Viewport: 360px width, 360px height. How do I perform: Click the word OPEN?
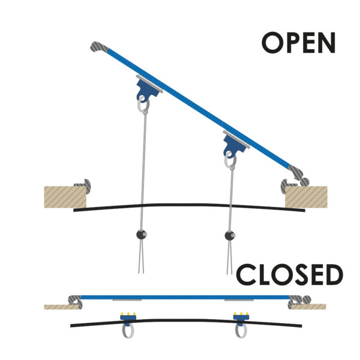tap(298, 43)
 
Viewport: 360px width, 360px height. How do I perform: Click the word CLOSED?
tap(289, 275)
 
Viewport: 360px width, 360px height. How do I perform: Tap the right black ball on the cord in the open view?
tap(229, 234)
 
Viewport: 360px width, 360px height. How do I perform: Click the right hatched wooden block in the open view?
tap(306, 197)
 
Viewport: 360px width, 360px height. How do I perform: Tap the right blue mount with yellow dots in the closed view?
tap(241, 317)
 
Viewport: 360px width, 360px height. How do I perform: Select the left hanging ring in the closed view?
tap(127, 330)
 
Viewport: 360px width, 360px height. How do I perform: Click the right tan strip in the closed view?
tap(310, 306)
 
